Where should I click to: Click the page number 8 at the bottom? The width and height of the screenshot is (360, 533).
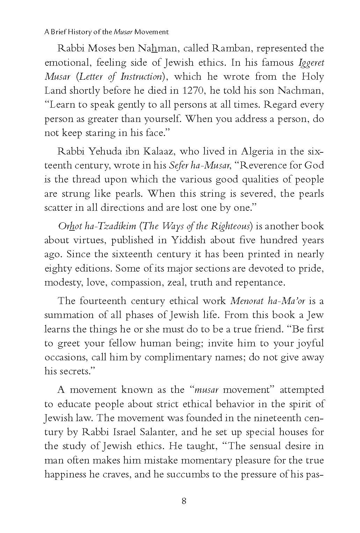(x=184, y=501)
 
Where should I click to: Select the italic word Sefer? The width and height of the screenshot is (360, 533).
(x=178, y=165)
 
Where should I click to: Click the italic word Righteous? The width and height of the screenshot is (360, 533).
(x=231, y=226)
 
